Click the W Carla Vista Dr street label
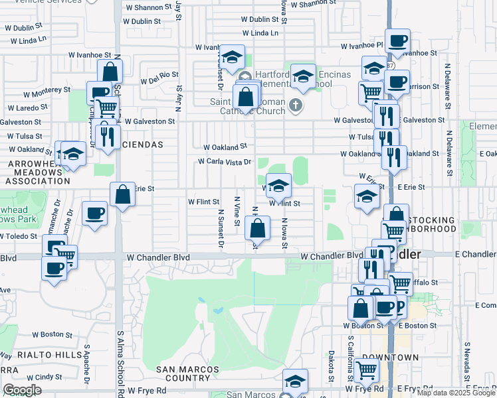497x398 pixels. [x=225, y=162]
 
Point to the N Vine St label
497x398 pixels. [x=237, y=210]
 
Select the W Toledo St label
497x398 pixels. [x=18, y=236]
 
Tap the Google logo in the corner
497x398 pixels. [x=22, y=390]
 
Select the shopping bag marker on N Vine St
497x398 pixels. [x=257, y=229]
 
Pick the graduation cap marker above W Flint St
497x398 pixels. [x=279, y=185]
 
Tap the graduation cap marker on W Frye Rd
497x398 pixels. [x=296, y=381]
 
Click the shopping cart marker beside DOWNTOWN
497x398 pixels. [x=367, y=370]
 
